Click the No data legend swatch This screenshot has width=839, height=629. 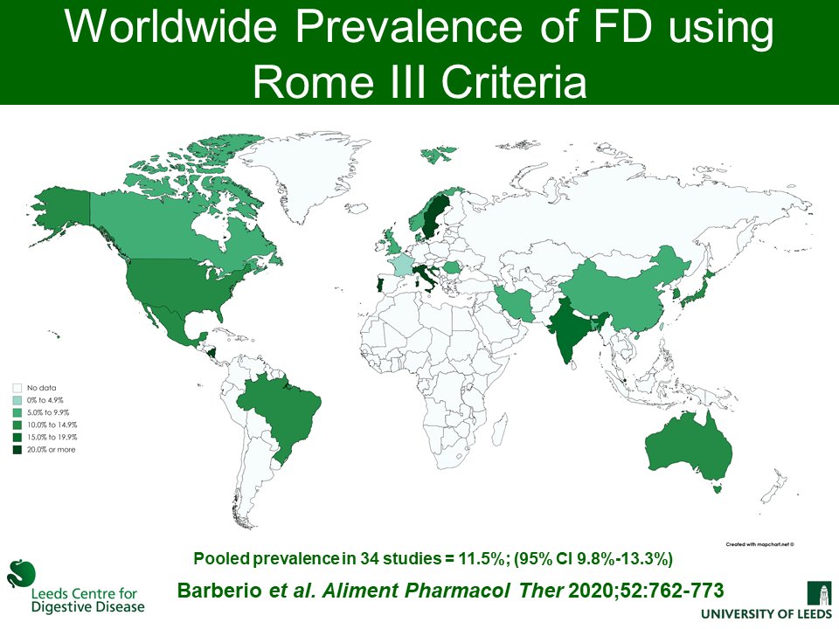[17, 387]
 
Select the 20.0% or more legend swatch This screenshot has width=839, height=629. [17, 450]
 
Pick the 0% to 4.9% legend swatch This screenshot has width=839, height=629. [17, 399]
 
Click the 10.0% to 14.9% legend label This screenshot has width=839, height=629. [52, 425]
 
